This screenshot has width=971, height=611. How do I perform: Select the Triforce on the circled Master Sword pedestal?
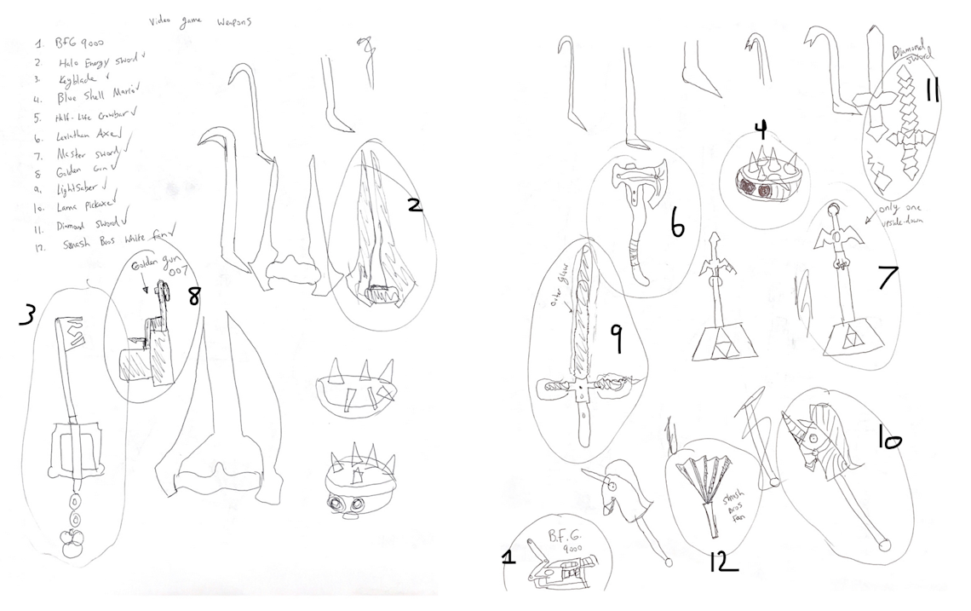point(849,343)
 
